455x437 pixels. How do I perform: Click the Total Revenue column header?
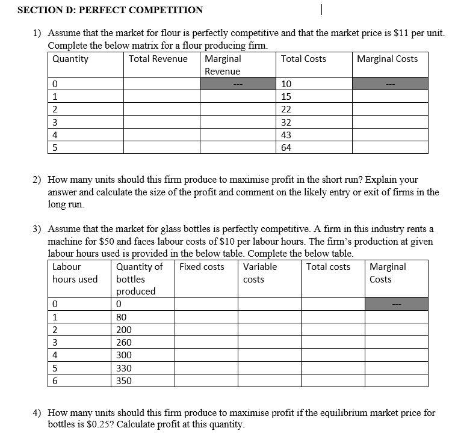coord(158,59)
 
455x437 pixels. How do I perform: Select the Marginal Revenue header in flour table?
coord(223,65)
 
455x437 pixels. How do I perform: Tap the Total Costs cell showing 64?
coord(286,148)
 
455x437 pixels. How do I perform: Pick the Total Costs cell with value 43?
coord(286,135)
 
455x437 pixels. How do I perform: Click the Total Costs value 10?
coord(286,84)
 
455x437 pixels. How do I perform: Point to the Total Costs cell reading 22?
coord(286,109)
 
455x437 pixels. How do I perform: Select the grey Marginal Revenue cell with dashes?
coord(239,84)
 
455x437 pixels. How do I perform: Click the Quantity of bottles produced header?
coord(140,279)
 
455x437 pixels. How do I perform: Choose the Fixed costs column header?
coord(202,267)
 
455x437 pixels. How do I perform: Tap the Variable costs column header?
coord(260,273)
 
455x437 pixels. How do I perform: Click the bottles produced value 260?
coord(124,343)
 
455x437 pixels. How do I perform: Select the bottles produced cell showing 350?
coord(124,381)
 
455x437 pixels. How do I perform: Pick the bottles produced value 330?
coord(124,368)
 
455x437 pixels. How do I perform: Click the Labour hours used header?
coord(75,273)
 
